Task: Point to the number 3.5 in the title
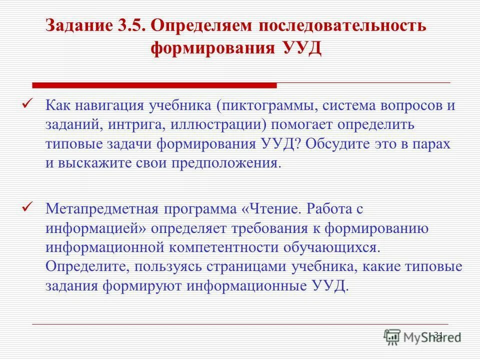click(132, 25)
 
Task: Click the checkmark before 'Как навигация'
click(28, 103)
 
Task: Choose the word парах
click(431, 143)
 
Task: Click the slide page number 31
click(438, 334)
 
